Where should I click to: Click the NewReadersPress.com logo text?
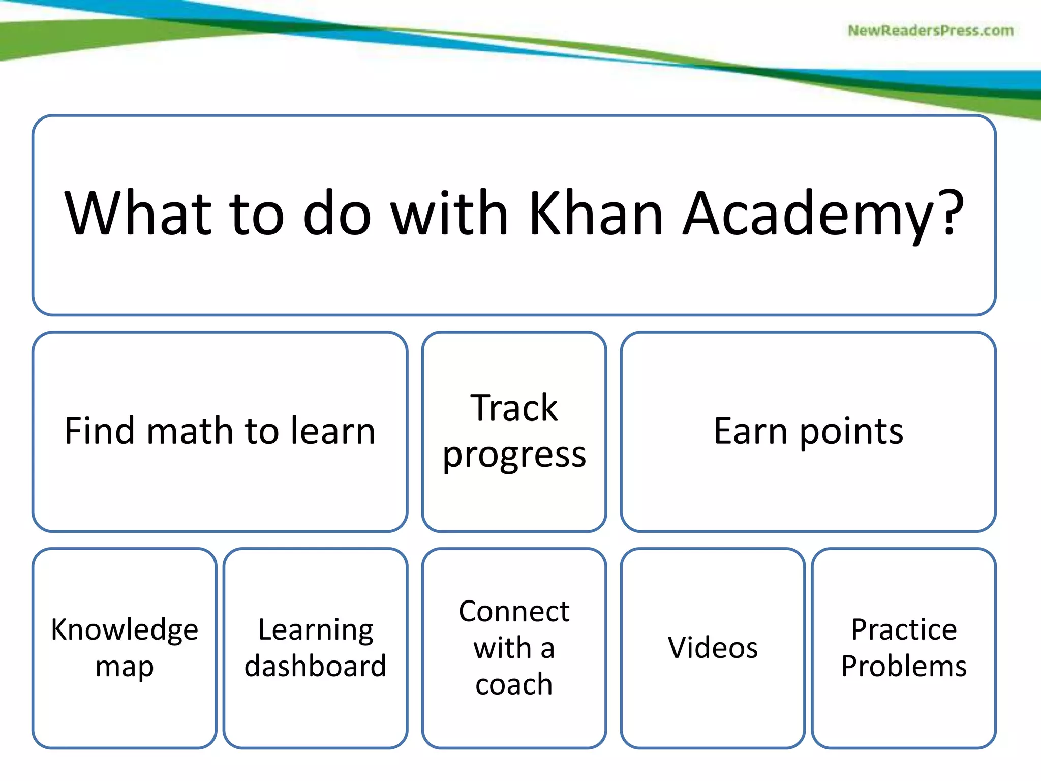[930, 31]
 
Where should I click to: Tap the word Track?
[514, 408]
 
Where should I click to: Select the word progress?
[514, 455]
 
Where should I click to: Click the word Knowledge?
[125, 630]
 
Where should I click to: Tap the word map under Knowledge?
[125, 667]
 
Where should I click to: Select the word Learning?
[316, 630]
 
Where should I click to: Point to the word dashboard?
[316, 666]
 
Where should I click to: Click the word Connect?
[514, 611]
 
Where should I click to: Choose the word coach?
[514, 684]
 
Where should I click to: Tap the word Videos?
[713, 648]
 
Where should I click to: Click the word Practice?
[904, 630]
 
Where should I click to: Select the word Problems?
[904, 666]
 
